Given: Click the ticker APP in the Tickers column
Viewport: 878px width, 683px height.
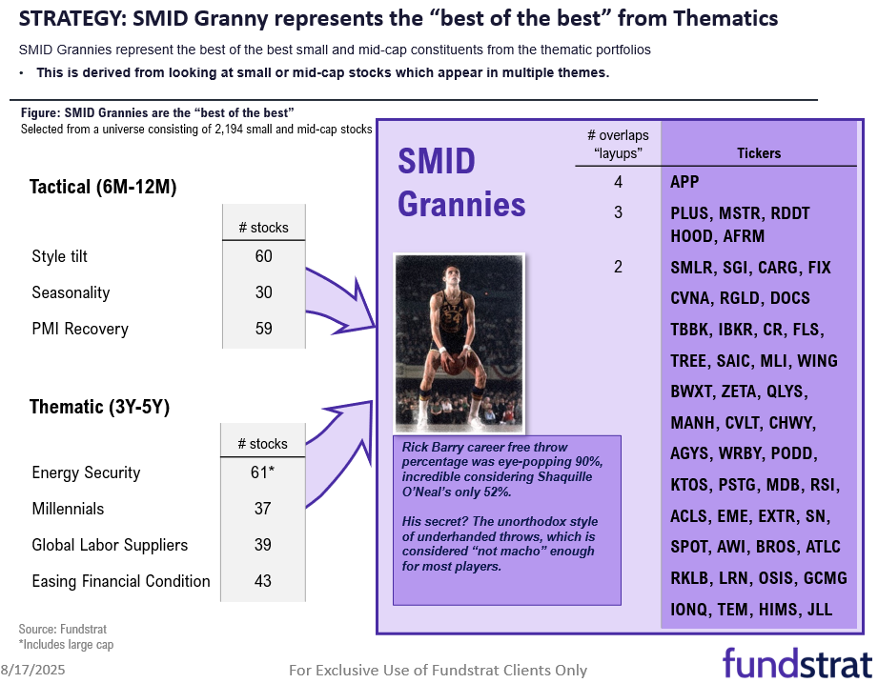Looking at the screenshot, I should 685,181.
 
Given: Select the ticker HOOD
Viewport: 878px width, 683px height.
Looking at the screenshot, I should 693,236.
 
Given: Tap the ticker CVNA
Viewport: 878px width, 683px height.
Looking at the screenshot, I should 691,298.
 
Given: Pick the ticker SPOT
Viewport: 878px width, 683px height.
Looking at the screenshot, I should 691,547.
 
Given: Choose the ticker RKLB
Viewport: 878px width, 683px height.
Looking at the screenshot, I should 692,578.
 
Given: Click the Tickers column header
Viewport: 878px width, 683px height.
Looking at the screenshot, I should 759,152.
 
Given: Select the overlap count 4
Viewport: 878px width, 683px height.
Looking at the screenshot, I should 618,181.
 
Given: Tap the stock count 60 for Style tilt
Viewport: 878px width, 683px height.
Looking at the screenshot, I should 263,256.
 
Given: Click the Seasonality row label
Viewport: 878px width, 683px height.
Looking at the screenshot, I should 71,292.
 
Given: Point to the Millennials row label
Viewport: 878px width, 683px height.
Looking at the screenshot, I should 68,509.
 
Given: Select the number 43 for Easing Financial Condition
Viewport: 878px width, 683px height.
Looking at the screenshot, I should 263,581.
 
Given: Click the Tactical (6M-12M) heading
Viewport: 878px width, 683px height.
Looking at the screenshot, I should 103,187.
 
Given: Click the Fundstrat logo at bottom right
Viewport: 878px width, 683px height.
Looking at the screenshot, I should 796,662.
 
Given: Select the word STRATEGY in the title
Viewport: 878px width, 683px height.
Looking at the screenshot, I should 67,18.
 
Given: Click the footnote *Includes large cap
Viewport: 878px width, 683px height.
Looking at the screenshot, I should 67,645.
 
